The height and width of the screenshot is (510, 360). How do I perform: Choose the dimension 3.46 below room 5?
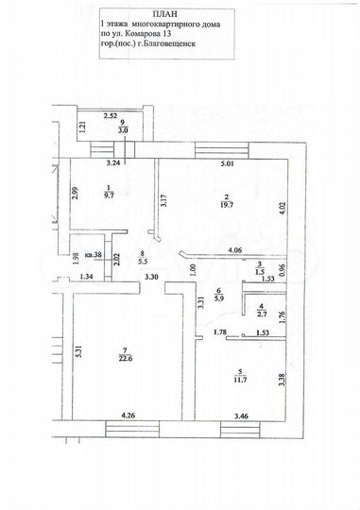point(241,414)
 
